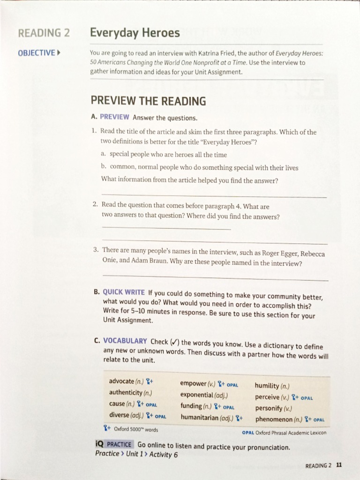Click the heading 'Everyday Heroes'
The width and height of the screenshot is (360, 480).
click(x=135, y=33)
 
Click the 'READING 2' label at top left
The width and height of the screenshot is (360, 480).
click(x=44, y=33)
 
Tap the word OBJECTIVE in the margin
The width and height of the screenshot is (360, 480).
click(x=37, y=52)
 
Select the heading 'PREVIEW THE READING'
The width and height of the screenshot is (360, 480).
click(x=148, y=101)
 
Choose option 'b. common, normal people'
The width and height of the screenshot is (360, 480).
click(x=199, y=167)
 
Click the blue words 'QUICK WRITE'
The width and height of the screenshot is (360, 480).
click(x=124, y=292)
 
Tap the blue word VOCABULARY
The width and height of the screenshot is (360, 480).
click(x=125, y=341)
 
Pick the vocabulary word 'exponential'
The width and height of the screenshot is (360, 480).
click(x=197, y=395)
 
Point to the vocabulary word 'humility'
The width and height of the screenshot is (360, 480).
click(x=267, y=386)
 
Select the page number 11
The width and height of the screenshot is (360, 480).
click(x=339, y=465)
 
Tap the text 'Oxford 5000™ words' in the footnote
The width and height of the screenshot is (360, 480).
click(x=136, y=429)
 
